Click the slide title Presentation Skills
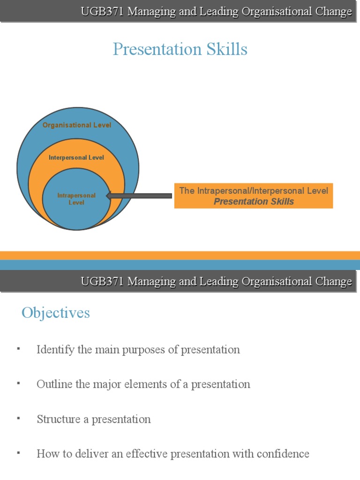180,49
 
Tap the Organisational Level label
77,125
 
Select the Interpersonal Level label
76,157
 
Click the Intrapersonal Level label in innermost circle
76,199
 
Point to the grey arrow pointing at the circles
139,195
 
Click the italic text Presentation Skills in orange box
254,202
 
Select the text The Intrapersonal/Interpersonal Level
254,190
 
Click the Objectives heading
55,313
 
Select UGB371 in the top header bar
102,12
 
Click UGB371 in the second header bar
102,281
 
